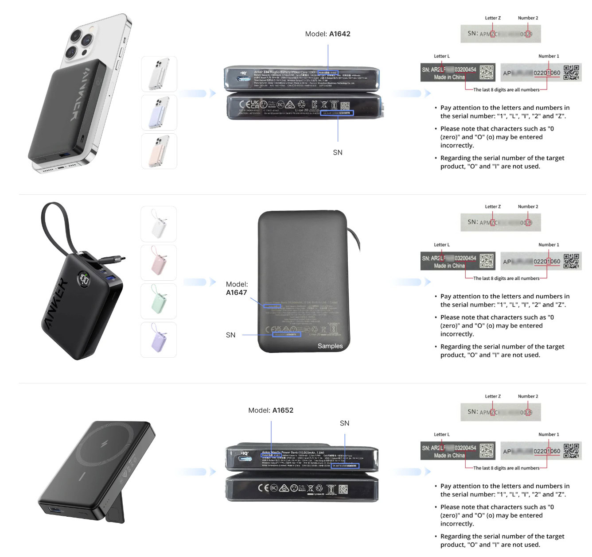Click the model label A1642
tap(339, 34)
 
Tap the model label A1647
tap(236, 292)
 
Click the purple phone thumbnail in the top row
tap(159, 112)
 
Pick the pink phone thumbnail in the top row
tap(159, 151)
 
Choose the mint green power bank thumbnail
tap(159, 301)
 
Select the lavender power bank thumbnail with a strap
tap(159, 340)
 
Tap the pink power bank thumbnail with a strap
tap(159, 263)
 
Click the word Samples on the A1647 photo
tap(330, 346)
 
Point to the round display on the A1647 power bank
tap(84, 279)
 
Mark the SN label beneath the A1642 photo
tap(338, 152)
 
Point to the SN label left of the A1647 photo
tap(230, 335)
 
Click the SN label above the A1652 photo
tap(344, 423)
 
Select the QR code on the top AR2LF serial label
tap(486, 73)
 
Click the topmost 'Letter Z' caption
tap(492, 18)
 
